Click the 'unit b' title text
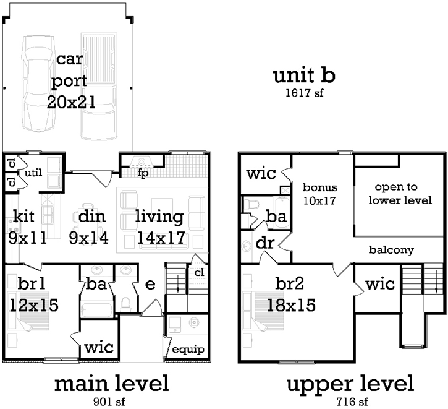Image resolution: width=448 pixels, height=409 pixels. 304,76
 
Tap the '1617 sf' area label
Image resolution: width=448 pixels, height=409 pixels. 304,93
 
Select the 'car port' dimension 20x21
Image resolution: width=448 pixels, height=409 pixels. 71,102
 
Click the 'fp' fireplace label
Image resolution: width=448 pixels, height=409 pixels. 143,173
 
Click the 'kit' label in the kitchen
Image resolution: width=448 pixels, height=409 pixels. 24,217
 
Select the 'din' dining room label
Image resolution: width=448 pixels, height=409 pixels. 89,217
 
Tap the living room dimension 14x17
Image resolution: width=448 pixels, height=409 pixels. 159,237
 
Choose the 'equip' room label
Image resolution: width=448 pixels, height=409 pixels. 188,349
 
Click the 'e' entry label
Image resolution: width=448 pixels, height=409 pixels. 150,284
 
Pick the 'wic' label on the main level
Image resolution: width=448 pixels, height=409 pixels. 98,347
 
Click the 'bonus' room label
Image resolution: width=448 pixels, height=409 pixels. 318,186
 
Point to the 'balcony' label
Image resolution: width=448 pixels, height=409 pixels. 391,250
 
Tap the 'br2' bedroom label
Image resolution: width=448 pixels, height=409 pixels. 291,284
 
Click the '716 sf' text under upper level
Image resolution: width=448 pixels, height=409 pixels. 349,401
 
